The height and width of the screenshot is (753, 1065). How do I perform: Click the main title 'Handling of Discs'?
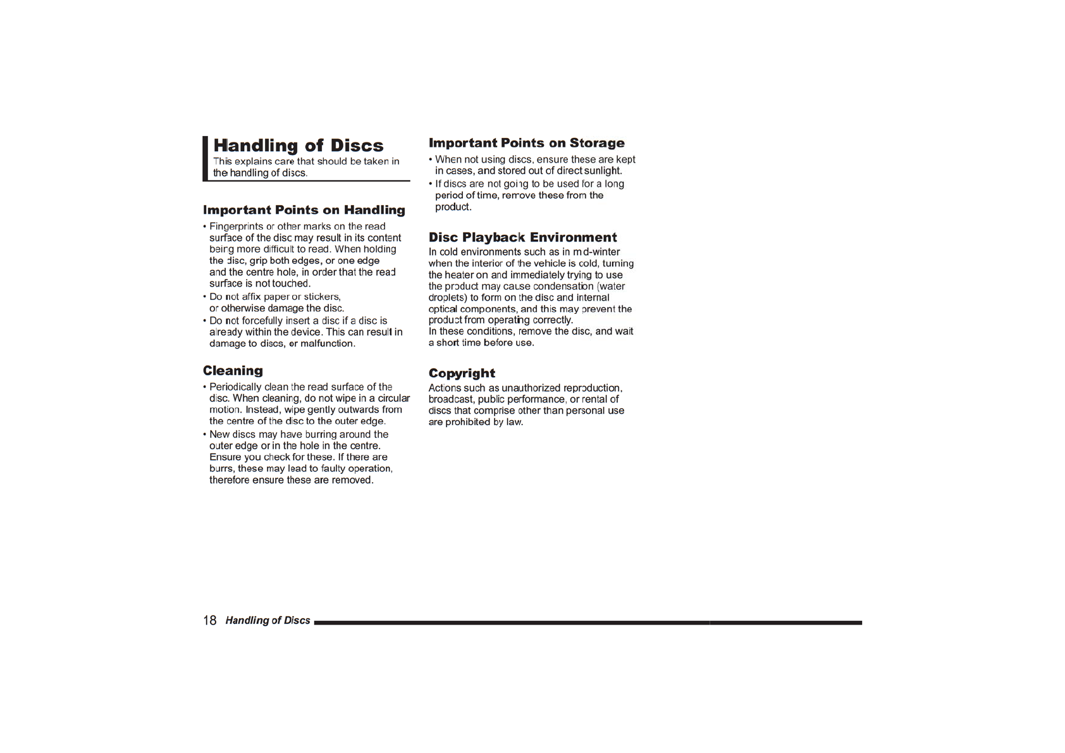[298, 146]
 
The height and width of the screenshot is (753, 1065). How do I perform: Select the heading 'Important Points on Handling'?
[304, 210]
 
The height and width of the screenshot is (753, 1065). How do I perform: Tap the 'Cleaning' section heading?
[233, 371]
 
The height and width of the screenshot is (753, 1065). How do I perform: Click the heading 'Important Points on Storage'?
[526, 143]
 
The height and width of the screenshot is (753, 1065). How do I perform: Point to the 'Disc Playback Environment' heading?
[522, 237]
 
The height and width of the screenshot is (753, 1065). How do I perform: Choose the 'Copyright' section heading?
[462, 373]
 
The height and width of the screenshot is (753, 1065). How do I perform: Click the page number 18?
[209, 621]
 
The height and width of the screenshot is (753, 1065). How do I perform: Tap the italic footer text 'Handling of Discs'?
[268, 621]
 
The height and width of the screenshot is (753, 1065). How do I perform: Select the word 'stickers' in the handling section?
[322, 297]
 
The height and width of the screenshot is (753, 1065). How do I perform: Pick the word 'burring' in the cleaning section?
[321, 435]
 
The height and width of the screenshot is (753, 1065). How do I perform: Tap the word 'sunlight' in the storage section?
[603, 171]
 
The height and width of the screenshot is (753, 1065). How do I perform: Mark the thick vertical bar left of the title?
[205, 158]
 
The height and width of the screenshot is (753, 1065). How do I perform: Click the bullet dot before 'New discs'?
[205, 435]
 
